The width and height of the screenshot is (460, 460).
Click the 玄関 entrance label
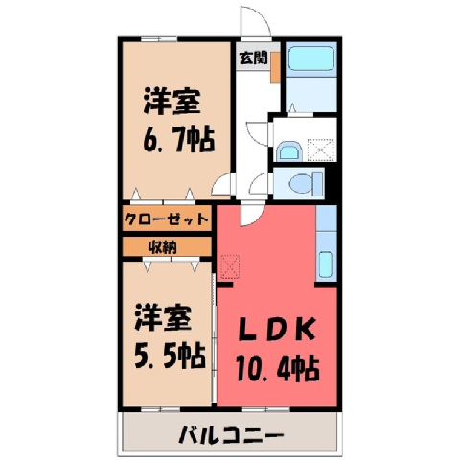tap(253, 58)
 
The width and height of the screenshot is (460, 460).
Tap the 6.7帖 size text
tap(179, 140)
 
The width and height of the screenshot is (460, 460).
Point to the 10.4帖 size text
tap(278, 368)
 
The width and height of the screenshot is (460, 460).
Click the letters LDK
tap(278, 330)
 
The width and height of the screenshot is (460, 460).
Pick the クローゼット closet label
tap(166, 219)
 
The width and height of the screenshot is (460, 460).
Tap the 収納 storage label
tap(163, 247)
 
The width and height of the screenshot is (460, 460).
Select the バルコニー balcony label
tap(231, 435)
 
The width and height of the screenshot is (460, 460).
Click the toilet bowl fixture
tap(306, 183)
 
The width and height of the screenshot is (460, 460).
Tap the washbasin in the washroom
tap(288, 151)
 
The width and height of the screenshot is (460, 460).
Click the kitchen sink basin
tap(326, 264)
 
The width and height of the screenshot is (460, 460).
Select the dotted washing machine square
tap(321, 149)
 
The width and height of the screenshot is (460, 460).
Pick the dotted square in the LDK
tap(230, 266)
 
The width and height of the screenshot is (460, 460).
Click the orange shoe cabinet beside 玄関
tap(275, 67)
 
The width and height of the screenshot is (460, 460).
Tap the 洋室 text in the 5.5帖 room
tap(163, 317)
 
